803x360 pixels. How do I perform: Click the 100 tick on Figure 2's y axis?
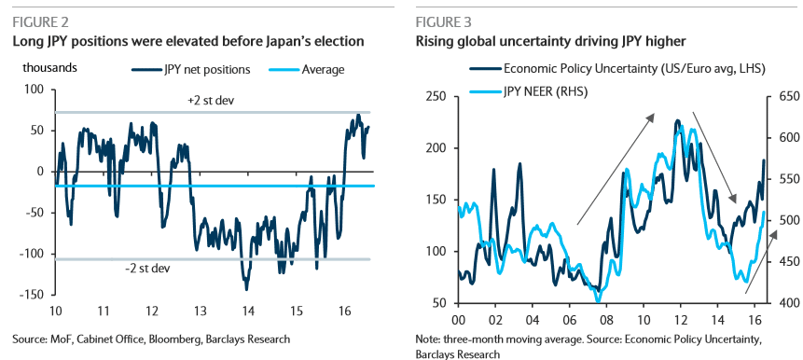coord(33,90)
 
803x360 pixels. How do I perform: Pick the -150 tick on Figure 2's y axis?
coord(30,294)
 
